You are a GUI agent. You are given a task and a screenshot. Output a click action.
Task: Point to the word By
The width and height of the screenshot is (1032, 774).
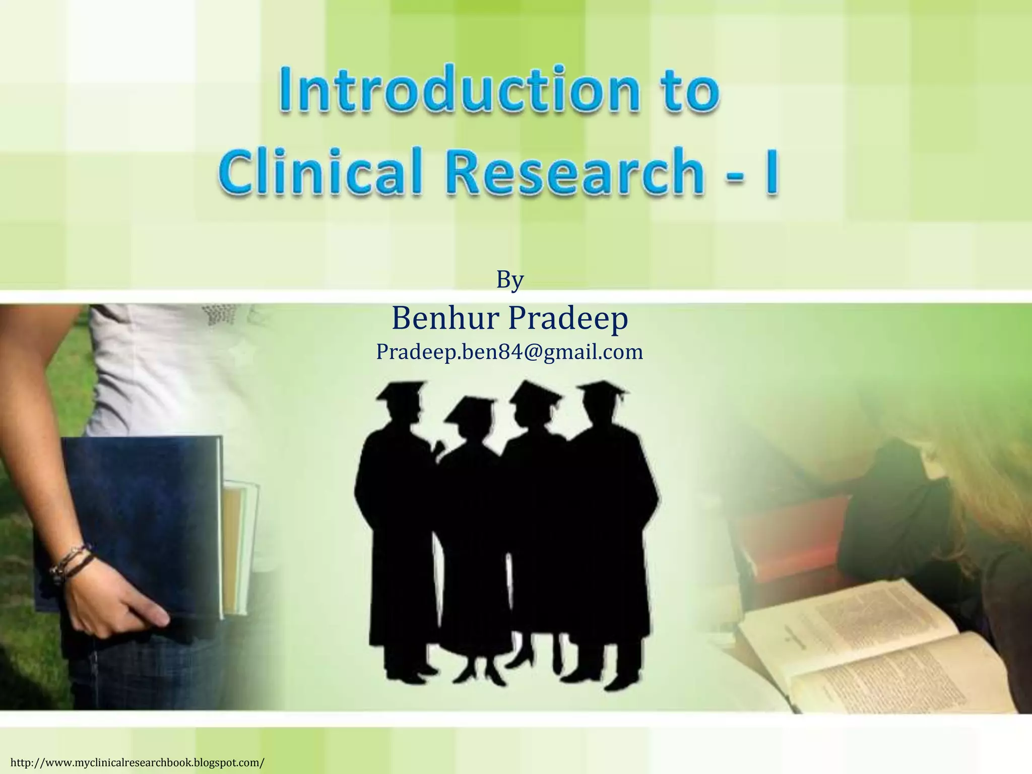tap(510, 280)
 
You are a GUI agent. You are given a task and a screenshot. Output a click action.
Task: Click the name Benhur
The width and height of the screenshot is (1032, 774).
tap(446, 318)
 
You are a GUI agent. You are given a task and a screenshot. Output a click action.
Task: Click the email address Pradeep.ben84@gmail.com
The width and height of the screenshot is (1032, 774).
tap(509, 352)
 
